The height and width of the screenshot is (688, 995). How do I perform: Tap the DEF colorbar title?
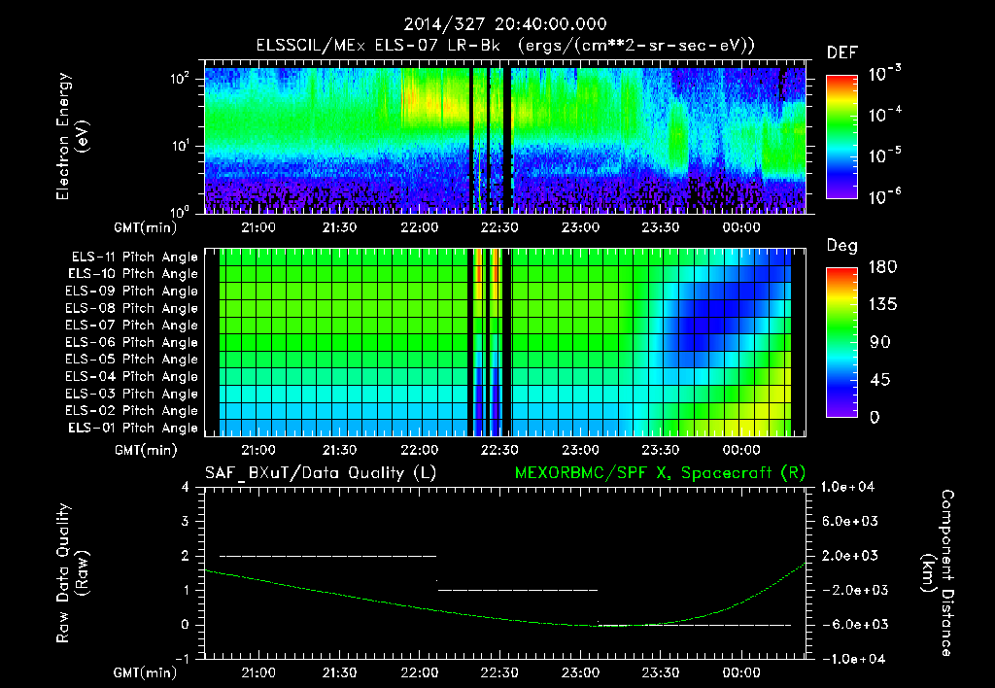(841, 52)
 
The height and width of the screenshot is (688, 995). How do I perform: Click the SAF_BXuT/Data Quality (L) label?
(320, 472)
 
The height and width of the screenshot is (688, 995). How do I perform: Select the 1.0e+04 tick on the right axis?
(850, 487)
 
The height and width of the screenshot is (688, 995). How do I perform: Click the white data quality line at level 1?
(517, 590)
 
